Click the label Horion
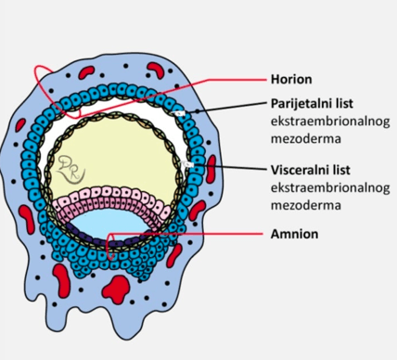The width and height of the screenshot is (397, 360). coord(291,79)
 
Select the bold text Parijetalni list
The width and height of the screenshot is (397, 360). coord(312,104)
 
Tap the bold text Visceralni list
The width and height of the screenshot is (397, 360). coord(311,170)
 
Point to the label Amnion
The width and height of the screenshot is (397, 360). coord(294,234)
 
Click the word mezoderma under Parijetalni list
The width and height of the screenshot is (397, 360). coord(306,139)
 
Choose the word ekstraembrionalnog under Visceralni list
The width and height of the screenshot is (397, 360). coord(330,188)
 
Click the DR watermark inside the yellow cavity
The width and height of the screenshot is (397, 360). coord(70,170)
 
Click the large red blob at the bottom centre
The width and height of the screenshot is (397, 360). coord(116,289)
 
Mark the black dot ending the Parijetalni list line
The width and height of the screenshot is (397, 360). coord(197,111)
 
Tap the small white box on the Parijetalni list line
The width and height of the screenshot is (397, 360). coord(179,113)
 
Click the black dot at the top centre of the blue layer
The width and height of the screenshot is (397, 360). coord(126,66)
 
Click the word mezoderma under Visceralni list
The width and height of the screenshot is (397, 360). coord(306,205)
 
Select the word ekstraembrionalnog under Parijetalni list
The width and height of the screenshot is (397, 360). coord(330,122)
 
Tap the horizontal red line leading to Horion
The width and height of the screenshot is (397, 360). coord(237,80)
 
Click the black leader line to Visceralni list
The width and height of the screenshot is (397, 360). coord(229,167)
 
